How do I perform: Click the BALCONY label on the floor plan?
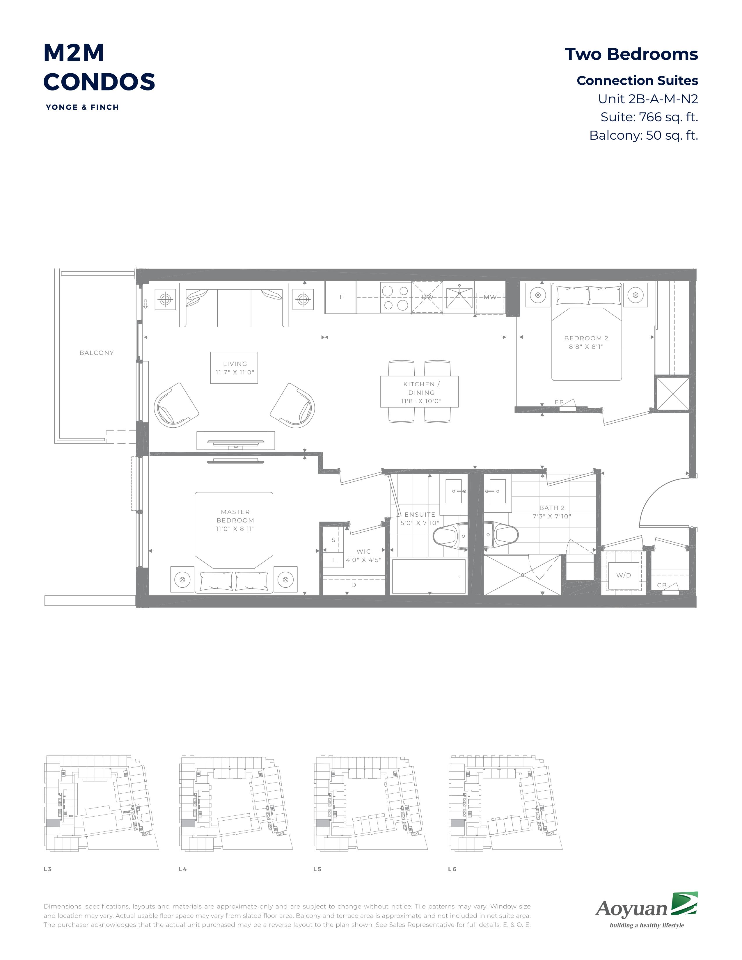[97, 353]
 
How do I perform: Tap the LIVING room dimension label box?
[234, 367]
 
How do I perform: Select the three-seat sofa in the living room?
[234, 305]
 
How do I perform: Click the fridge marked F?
[341, 297]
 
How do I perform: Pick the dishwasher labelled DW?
[427, 298]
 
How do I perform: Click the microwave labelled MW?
[489, 298]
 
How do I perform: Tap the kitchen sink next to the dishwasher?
[459, 298]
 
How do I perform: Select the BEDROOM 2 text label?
[586, 338]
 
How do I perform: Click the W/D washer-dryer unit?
[623, 571]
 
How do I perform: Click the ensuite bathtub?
[429, 576]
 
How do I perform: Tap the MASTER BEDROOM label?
[235, 516]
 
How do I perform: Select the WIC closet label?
[363, 551]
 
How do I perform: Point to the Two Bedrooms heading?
[631, 54]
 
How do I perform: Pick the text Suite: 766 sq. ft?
[649, 117]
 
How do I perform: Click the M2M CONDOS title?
[99, 67]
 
